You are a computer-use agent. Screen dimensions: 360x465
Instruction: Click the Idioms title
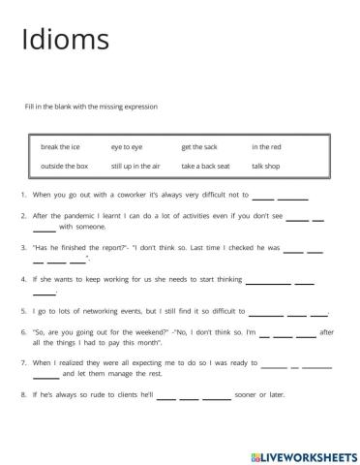pos(64,40)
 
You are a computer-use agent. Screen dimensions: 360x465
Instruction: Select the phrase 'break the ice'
pos(60,147)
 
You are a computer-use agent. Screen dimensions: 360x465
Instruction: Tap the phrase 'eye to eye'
pos(126,147)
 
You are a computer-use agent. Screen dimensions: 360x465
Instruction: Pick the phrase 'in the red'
pos(266,147)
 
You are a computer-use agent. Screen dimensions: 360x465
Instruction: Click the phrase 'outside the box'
pos(64,166)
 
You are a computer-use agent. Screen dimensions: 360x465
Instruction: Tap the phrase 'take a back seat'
pos(204,166)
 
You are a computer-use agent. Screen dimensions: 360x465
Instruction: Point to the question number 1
pos(22,195)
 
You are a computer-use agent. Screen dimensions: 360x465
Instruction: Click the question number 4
pos(22,279)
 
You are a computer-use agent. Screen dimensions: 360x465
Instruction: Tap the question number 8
pos(22,395)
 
